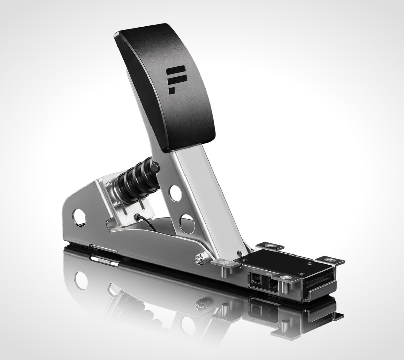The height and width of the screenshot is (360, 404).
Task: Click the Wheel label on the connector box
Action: pyautogui.click(x=271, y=273)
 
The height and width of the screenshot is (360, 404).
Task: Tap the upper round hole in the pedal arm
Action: pyautogui.click(x=175, y=193)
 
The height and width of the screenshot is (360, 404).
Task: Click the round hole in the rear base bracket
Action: pyautogui.click(x=79, y=217)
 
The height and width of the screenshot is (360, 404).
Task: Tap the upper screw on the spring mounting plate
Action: pyautogui.click(x=110, y=184)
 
